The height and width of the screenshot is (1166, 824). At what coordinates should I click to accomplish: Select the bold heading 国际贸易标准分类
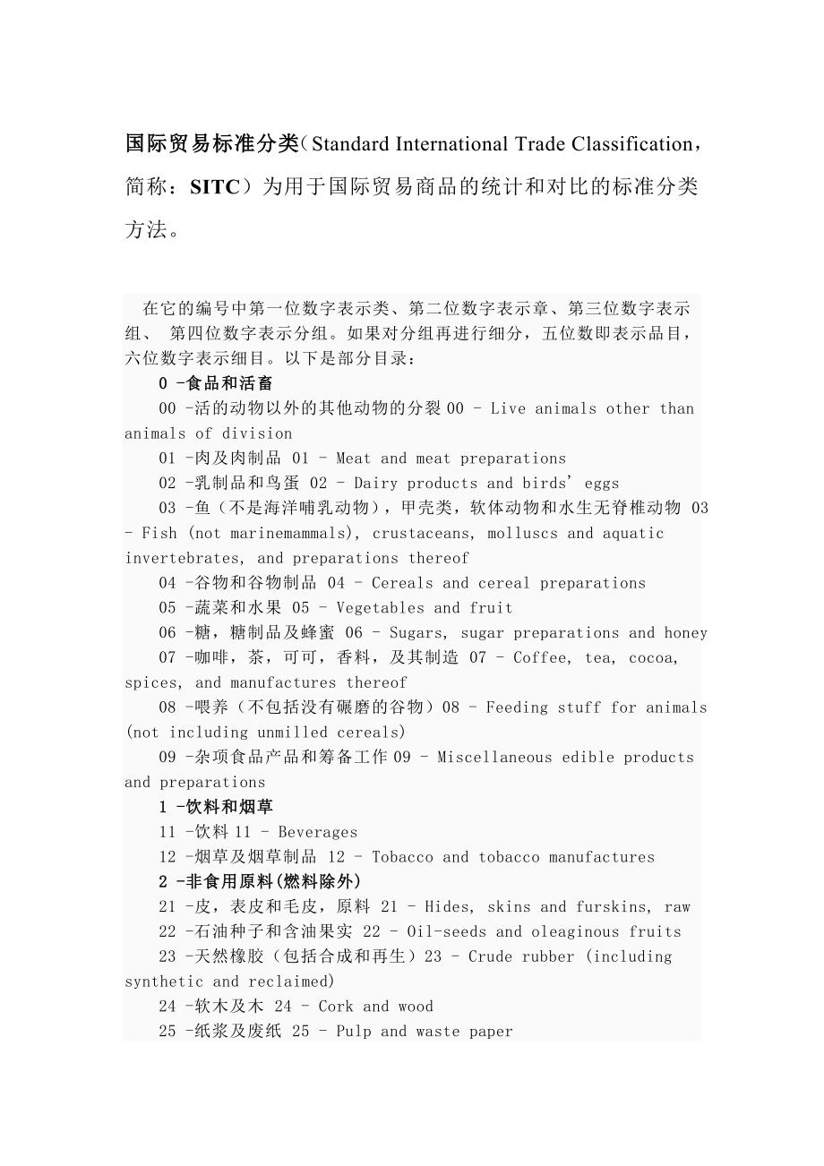pyautogui.click(x=212, y=143)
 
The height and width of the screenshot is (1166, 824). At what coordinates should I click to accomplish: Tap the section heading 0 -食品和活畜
pyautogui.click(x=216, y=383)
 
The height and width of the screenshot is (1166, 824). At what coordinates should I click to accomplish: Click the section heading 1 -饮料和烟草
pyautogui.click(x=216, y=807)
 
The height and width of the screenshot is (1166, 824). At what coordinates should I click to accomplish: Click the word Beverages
pyautogui.click(x=318, y=832)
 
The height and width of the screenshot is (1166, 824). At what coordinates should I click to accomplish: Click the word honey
pyautogui.click(x=685, y=633)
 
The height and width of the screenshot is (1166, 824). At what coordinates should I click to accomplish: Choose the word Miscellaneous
pyautogui.click(x=494, y=758)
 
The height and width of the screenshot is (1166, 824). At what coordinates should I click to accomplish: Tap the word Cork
pyautogui.click(x=336, y=1007)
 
